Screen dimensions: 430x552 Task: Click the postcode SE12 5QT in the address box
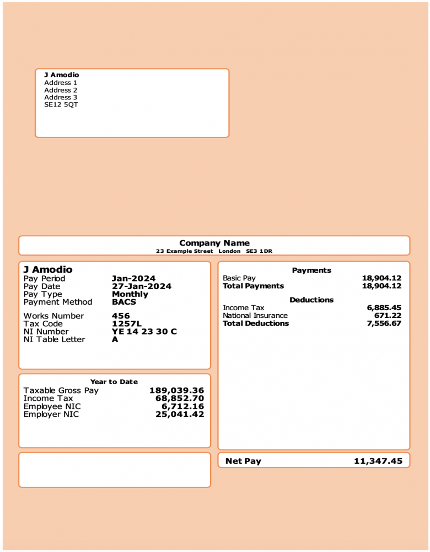[61, 104]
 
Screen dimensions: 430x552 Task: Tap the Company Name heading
[214, 243]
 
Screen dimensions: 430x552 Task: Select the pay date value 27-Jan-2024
[141, 286]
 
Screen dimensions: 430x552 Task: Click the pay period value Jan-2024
[133, 278]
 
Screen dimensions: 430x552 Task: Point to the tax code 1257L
[127, 323]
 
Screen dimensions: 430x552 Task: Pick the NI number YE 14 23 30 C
[144, 331]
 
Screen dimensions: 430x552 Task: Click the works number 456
[121, 316]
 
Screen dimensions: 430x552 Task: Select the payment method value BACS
[123, 302]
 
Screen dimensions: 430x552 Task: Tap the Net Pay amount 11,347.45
[378, 461]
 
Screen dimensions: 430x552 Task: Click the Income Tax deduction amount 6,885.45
[384, 307]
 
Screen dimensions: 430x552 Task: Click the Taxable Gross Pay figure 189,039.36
[176, 390]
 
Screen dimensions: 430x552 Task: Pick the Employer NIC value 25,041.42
[179, 414]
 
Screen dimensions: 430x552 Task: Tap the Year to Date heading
[114, 381]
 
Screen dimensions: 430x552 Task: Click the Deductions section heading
[311, 300]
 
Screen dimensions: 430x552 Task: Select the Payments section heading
[311, 270]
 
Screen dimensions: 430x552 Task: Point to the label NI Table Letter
[54, 339]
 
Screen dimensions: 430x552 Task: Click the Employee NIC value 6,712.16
[182, 406]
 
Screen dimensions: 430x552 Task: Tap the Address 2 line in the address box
[61, 90]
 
